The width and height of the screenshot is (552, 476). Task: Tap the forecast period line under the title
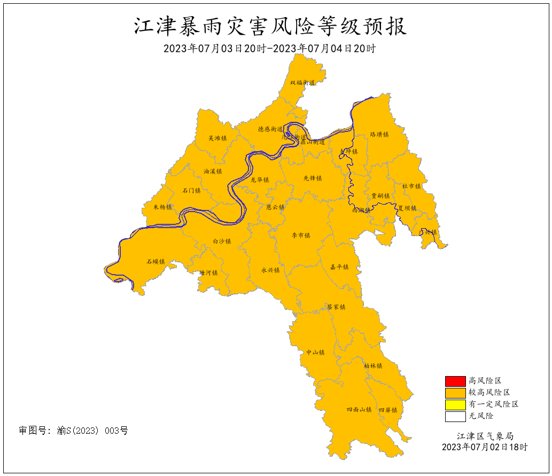tap(270, 49)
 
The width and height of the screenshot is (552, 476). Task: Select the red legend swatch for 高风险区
tap(455, 381)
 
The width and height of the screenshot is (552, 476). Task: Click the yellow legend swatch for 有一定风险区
tap(455, 404)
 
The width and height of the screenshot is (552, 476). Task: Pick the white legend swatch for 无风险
tap(455, 416)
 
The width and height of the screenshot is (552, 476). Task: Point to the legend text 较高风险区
tap(489, 393)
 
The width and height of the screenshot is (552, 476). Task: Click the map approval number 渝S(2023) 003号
tap(74, 431)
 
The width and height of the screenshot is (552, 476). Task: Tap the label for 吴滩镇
tap(217, 138)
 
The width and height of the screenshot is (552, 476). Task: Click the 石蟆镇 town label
tap(156, 262)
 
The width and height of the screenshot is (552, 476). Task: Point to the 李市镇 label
tap(300, 236)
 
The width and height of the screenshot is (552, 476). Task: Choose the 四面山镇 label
tap(359, 410)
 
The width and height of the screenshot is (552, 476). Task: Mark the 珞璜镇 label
tap(379, 135)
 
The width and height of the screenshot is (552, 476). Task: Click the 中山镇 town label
tap(315, 353)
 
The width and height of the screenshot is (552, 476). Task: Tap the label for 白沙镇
tap(222, 241)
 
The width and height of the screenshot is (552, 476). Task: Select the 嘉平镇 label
tap(339, 267)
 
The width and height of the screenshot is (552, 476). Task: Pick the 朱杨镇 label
tap(163, 207)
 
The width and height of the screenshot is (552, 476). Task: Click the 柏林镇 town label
tap(372, 366)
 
